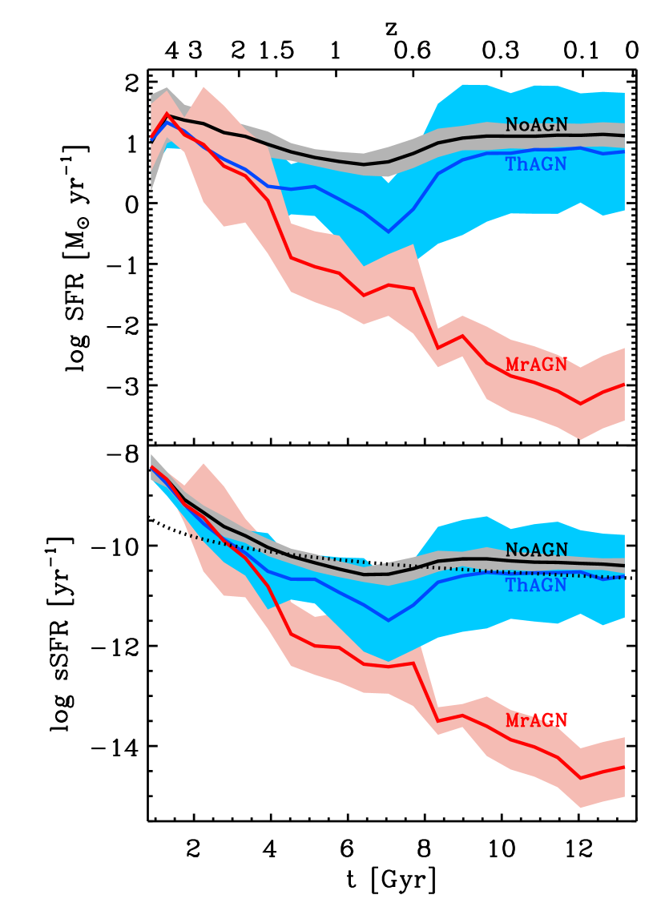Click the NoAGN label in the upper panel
pos(536,125)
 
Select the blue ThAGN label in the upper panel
pos(536,164)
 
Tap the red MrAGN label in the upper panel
pos(536,365)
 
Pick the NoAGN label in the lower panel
pos(536,550)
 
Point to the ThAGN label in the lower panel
pos(536,585)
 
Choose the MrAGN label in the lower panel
pos(536,720)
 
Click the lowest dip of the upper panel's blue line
pos(389,232)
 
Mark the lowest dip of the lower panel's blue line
pos(389,620)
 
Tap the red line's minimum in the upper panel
pos(581,404)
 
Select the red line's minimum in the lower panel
pos(581,778)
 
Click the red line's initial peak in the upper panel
pos(167,114)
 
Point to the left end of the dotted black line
pos(190,535)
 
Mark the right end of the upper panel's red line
pos(624,385)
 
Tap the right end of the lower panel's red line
pos(624,767)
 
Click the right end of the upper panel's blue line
pos(624,151)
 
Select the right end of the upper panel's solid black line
pos(624,135)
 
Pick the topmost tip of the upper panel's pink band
pos(204,87)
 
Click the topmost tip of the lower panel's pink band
pos(204,464)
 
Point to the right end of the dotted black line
pos(624,577)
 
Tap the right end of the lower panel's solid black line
pos(624,566)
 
